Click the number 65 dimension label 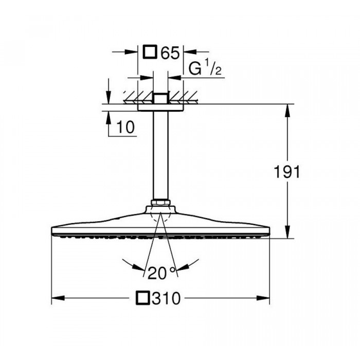tap(170, 53)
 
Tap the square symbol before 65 tap(150, 52)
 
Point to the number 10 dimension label tap(125, 127)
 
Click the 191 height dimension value tap(287, 172)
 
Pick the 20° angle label tap(161, 273)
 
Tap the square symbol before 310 tap(143, 298)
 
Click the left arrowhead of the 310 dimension tap(58, 298)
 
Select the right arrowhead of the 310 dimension tap(263, 298)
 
